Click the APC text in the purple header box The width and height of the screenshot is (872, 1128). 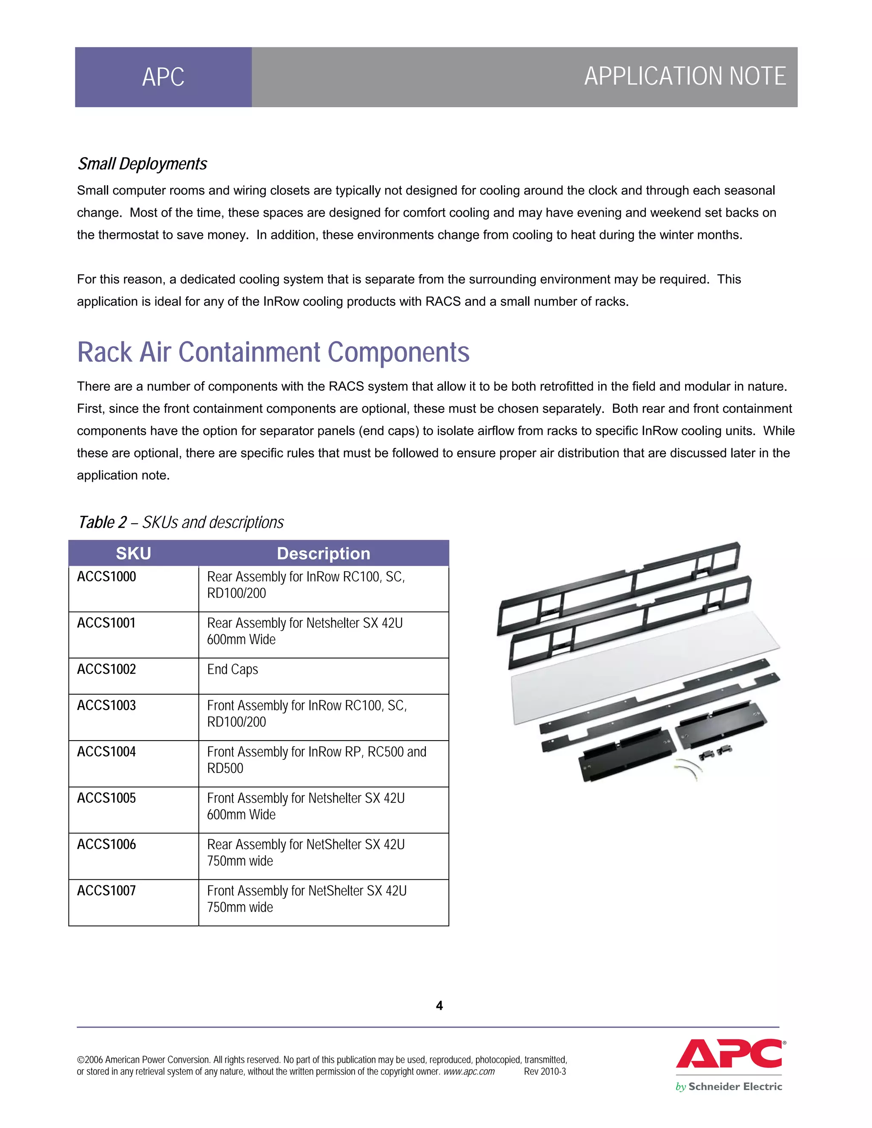pyautogui.click(x=163, y=77)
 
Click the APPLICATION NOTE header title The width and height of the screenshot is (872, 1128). pyautogui.click(x=685, y=77)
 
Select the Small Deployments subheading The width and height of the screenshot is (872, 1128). pyautogui.click(x=142, y=164)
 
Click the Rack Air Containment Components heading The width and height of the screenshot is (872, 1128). pyautogui.click(x=273, y=352)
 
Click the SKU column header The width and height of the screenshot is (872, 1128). pyautogui.click(x=133, y=553)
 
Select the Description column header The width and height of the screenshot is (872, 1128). pyautogui.click(x=324, y=553)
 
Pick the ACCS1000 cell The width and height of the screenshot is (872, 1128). pyautogui.click(x=107, y=577)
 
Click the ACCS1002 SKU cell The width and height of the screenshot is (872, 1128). pyautogui.click(x=107, y=670)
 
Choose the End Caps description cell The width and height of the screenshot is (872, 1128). pyautogui.click(x=232, y=670)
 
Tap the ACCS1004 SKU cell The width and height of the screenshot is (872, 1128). pyautogui.click(x=107, y=752)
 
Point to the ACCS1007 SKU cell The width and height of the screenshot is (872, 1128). pyautogui.click(x=107, y=891)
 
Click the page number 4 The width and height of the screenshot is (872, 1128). pyautogui.click(x=439, y=1005)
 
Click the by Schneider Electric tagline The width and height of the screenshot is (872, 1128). pyautogui.click(x=729, y=1087)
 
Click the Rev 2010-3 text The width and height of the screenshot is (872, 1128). pyautogui.click(x=545, y=1072)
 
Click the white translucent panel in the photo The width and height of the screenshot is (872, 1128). pyautogui.click(x=646, y=666)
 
